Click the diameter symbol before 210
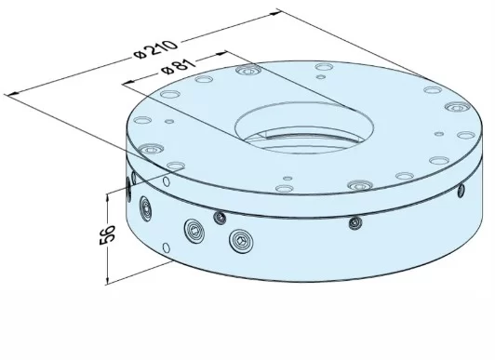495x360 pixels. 139,58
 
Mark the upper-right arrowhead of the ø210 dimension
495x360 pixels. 276,13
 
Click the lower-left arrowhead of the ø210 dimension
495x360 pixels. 10,92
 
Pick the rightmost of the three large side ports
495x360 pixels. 244,244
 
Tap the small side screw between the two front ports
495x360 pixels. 220,218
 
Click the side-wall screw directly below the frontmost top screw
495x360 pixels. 355,221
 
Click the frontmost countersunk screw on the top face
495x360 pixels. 358,185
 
